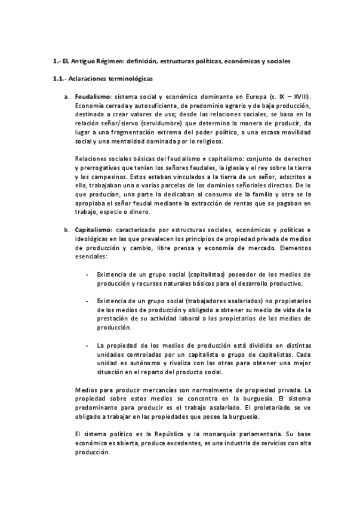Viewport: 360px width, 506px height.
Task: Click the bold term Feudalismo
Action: (93, 96)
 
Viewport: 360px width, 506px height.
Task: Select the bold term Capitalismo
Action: (93, 230)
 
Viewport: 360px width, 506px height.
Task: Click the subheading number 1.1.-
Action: (60, 78)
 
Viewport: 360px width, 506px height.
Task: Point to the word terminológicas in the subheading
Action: (130, 78)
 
